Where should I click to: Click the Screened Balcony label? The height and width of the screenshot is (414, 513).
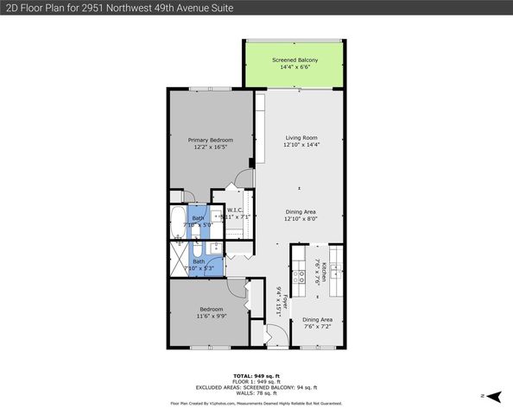[294, 63]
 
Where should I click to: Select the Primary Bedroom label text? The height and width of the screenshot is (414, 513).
[211, 143]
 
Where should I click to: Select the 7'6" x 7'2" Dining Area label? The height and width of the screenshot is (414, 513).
[317, 323]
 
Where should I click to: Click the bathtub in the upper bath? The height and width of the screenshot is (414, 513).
[177, 223]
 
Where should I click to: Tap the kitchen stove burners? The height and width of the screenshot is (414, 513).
[300, 278]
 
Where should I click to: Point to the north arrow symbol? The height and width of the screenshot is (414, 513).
[492, 396]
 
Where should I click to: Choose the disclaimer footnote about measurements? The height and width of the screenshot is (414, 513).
[256, 403]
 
